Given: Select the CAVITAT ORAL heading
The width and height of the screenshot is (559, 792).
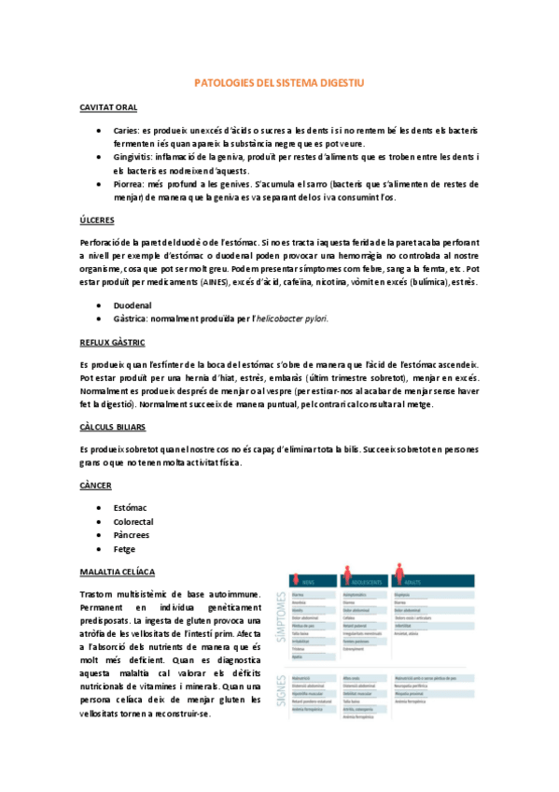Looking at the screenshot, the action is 109,108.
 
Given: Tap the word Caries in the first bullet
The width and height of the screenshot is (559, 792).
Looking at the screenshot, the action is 126,131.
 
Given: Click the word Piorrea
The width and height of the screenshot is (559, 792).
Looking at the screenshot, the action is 129,184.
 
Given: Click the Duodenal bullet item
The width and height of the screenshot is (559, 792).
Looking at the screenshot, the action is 133,305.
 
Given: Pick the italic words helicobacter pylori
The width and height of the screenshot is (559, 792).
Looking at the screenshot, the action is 289,318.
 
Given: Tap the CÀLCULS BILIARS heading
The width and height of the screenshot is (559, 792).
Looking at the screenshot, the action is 116,426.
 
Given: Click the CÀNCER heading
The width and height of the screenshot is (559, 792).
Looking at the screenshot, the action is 97,486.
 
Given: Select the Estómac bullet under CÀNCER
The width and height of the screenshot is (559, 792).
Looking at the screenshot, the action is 132,508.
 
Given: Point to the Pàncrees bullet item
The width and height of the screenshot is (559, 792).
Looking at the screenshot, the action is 133,535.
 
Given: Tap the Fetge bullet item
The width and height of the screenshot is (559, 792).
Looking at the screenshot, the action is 126,549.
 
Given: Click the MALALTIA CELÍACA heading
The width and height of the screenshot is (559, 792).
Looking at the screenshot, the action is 119,571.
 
